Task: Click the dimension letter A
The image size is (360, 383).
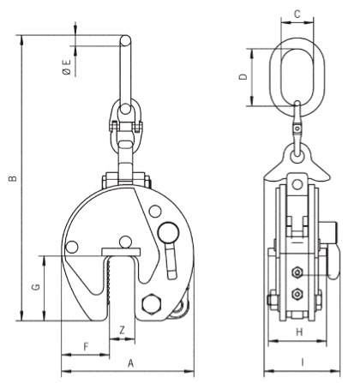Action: click(x=130, y=363)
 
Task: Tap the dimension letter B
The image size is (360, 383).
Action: click(x=13, y=178)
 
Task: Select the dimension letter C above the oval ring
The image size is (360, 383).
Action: click(x=297, y=14)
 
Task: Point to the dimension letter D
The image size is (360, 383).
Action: click(x=243, y=76)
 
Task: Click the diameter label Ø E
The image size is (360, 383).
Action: click(x=66, y=67)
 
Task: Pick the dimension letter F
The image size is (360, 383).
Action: click(x=86, y=347)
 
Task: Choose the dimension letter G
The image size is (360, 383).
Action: click(x=36, y=287)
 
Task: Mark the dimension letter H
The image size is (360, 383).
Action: click(x=299, y=332)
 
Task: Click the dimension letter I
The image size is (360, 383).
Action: click(x=303, y=362)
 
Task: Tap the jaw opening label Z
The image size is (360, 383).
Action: click(x=122, y=330)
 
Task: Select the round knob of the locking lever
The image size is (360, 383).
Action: click(x=168, y=232)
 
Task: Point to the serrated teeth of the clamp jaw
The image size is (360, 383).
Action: click(x=109, y=281)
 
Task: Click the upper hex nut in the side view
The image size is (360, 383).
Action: click(x=297, y=272)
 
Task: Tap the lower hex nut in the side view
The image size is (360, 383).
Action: click(x=297, y=294)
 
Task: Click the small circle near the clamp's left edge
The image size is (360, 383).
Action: click(x=72, y=247)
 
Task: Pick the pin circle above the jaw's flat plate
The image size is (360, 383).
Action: click(x=125, y=242)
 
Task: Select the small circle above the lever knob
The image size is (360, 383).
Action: click(x=155, y=212)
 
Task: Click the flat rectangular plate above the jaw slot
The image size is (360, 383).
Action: click(x=121, y=252)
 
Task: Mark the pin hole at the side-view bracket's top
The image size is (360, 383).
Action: click(x=297, y=184)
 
